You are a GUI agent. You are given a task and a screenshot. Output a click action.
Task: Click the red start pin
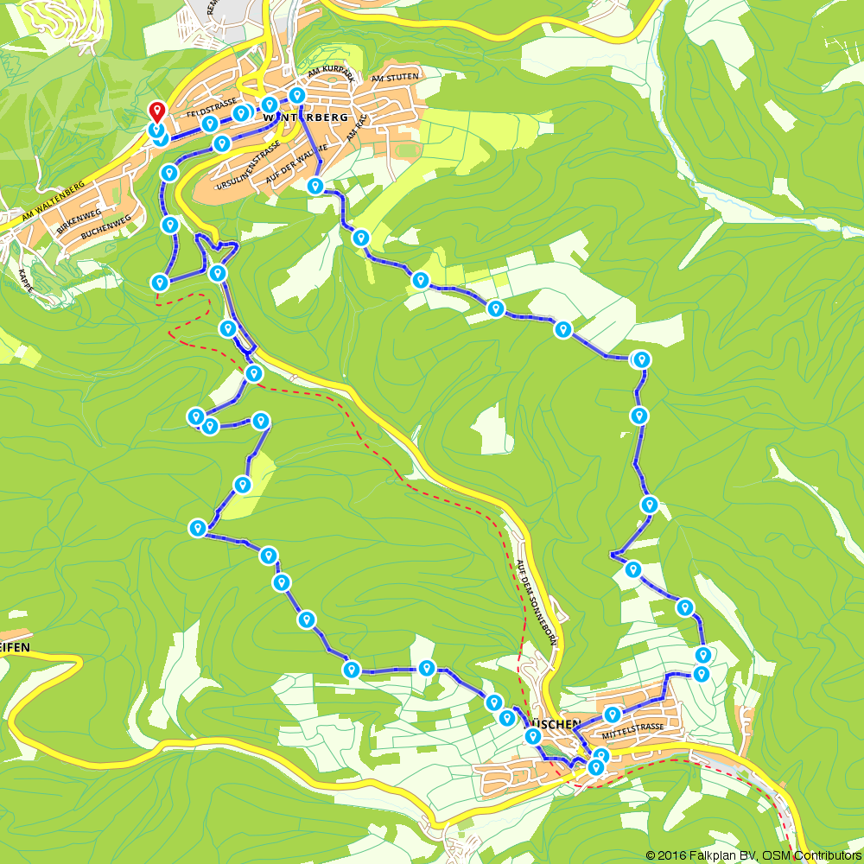(156, 111)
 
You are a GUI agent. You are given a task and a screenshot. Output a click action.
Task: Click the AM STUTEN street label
(394, 79)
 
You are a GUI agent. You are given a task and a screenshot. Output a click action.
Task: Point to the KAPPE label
(24, 281)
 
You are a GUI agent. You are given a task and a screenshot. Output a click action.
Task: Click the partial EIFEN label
(16, 645)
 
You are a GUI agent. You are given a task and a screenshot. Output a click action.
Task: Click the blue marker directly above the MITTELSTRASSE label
(613, 715)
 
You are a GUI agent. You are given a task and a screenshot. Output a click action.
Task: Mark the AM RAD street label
(356, 127)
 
